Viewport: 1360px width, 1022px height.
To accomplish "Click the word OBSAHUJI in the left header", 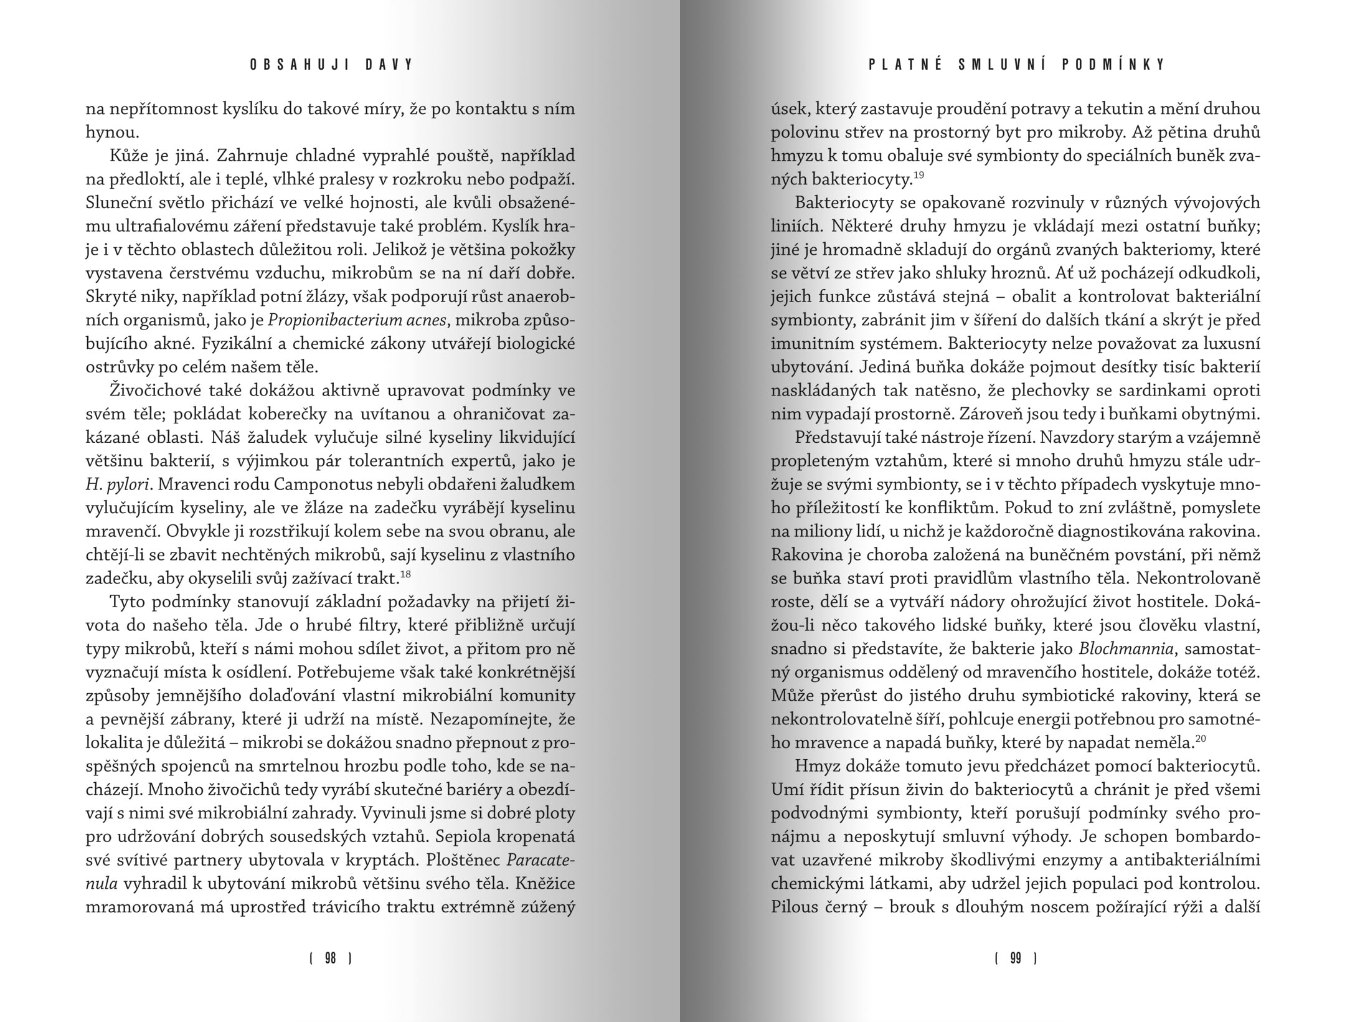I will (x=290, y=65).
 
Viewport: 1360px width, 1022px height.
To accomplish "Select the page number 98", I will (x=331, y=958).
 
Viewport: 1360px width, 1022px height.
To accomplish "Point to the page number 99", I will (x=1016, y=958).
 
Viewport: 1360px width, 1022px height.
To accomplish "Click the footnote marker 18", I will (x=405, y=574).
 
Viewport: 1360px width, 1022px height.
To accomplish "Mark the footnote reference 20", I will (x=1201, y=739).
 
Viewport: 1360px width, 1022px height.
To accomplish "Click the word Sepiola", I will (x=456, y=836).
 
